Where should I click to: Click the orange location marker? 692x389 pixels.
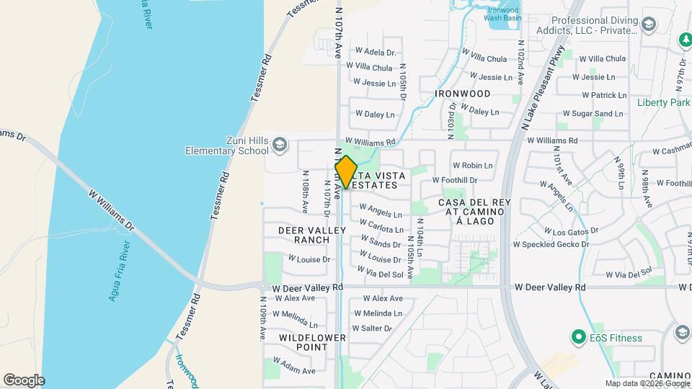click(346, 172)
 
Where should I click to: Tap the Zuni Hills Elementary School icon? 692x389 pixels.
click(280, 146)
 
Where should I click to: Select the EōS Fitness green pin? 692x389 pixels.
click(577, 336)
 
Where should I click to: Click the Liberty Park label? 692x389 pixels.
click(663, 102)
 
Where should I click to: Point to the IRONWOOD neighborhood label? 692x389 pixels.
click(463, 94)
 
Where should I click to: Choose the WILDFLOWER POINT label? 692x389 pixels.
click(312, 342)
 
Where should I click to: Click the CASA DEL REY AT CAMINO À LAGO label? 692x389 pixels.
click(474, 212)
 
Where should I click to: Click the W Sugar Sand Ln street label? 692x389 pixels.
click(593, 114)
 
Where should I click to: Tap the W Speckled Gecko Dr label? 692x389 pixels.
click(551, 244)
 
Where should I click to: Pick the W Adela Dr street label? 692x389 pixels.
click(376, 52)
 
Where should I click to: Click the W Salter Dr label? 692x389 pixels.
click(373, 328)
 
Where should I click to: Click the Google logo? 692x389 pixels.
click(24, 380)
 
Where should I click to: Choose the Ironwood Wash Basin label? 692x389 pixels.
click(502, 13)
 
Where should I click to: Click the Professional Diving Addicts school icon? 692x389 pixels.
click(649, 26)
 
